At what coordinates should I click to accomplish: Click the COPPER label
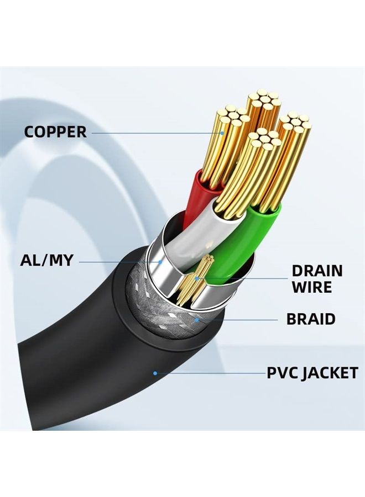[x=55, y=132]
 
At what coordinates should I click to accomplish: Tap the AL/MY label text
[x=46, y=260]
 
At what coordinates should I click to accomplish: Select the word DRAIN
[x=317, y=271]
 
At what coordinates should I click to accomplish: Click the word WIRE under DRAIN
[x=312, y=287]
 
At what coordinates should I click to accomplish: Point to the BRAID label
[x=310, y=319]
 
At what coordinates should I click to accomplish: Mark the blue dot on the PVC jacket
[x=155, y=373]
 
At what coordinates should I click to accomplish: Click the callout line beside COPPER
[x=155, y=132]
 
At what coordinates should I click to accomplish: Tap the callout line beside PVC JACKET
[x=210, y=373]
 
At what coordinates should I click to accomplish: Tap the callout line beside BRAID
[x=238, y=319]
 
